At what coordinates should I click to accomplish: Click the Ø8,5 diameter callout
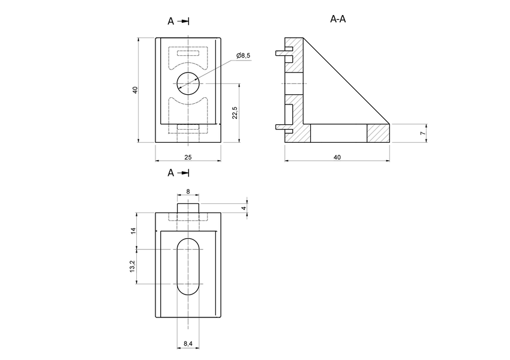[x=244, y=56]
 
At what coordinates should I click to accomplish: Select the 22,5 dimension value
[x=235, y=113]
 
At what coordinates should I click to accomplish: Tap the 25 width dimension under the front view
[x=188, y=157]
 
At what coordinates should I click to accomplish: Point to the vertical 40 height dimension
[x=136, y=90]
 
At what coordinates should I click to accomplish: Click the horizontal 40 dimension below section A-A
[x=337, y=157]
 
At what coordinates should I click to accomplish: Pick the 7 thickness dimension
[x=422, y=133]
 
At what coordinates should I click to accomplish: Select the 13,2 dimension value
[x=133, y=266]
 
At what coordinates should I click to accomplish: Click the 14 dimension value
[x=133, y=230]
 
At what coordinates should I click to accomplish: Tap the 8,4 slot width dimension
[x=187, y=343]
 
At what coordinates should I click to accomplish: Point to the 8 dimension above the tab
[x=188, y=191]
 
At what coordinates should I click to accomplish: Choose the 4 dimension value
[x=243, y=208]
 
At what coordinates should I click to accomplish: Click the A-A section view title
[x=338, y=19]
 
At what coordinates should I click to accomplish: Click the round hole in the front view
[x=188, y=83]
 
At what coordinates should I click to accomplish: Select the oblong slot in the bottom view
[x=188, y=266]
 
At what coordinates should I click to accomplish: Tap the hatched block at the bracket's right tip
[x=378, y=133]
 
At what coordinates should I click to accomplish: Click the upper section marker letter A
[x=171, y=21]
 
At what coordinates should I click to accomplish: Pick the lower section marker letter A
[x=171, y=173]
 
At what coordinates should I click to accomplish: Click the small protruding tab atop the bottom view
[x=188, y=208]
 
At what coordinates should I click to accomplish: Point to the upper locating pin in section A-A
[x=280, y=53]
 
